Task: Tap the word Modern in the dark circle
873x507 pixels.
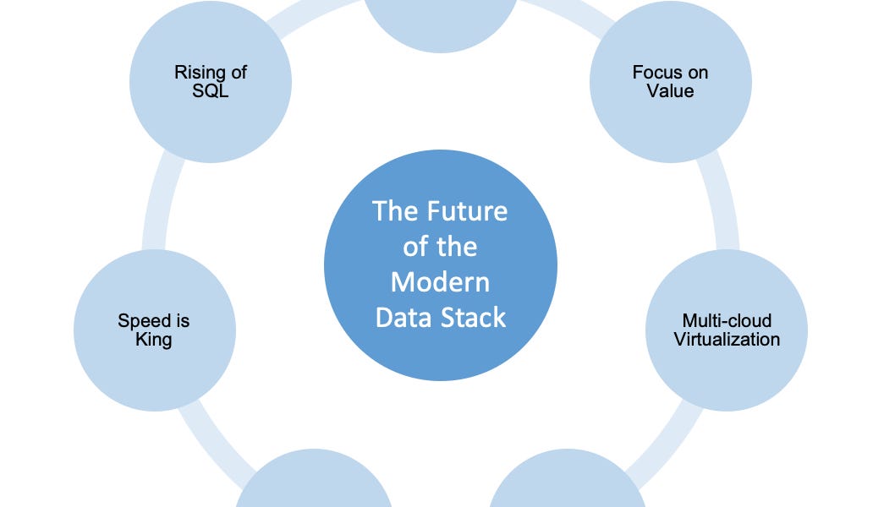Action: (x=440, y=281)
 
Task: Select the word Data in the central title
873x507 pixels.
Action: (x=403, y=317)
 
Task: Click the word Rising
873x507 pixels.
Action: (x=197, y=73)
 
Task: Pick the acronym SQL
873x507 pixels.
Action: (x=211, y=90)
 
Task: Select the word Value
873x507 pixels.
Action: (x=670, y=90)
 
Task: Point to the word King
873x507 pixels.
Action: (x=154, y=340)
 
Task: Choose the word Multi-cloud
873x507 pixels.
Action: (x=726, y=321)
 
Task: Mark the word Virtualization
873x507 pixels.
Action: (x=726, y=340)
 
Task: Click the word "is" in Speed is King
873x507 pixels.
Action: (x=178, y=321)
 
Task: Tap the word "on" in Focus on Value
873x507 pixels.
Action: (x=698, y=73)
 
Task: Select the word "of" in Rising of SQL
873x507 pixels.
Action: (x=237, y=73)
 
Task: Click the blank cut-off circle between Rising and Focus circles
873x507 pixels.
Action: (x=440, y=21)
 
